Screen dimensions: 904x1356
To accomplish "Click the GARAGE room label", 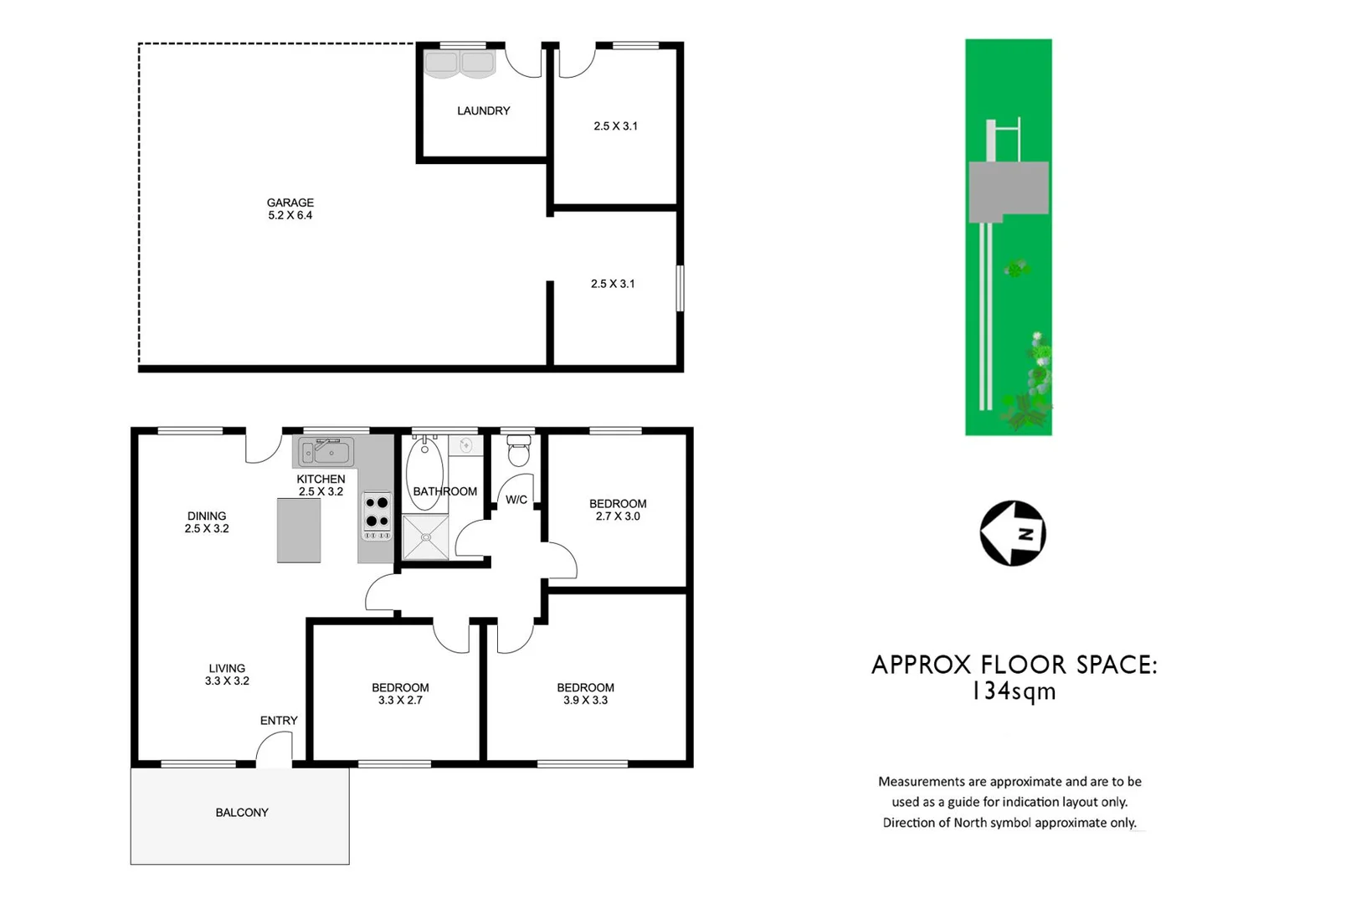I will click(x=290, y=203).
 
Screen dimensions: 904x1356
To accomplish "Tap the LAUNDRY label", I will click(x=483, y=110).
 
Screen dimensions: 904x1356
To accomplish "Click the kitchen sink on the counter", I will click(x=326, y=453).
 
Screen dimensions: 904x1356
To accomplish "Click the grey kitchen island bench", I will click(x=299, y=530).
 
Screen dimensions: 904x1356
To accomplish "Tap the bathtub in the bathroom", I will click(x=424, y=473).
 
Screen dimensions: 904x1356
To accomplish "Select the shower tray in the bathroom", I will click(x=425, y=537).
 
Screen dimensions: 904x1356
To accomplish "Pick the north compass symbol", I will click(x=1013, y=533).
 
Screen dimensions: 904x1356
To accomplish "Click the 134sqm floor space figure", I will click(x=1014, y=692).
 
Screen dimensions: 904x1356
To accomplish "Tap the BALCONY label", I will click(x=242, y=813).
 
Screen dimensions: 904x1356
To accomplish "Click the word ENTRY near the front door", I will click(x=279, y=721).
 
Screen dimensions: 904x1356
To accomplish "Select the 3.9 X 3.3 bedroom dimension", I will click(x=585, y=701).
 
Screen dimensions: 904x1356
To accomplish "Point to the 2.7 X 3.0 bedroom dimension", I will click(x=618, y=516).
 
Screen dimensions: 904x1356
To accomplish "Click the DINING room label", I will click(x=207, y=516).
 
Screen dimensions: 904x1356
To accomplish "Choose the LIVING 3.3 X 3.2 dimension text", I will click(x=227, y=681).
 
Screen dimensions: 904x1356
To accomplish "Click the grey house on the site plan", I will click(x=1009, y=191).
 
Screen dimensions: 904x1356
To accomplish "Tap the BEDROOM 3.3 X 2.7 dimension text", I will click(x=400, y=701).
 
